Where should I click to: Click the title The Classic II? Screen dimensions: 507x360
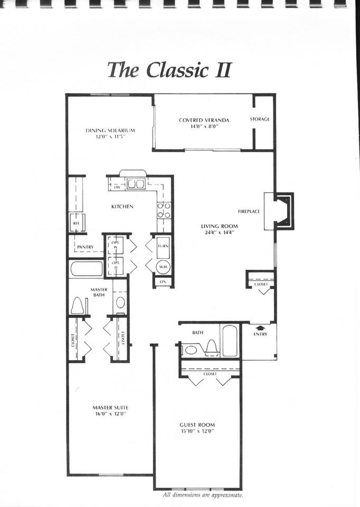(x=169, y=70)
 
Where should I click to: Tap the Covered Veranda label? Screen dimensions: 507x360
(x=204, y=120)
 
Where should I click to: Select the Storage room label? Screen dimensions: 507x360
(x=260, y=119)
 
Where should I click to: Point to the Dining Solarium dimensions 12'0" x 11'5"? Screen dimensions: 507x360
(x=110, y=136)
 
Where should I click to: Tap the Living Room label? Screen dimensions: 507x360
(x=220, y=226)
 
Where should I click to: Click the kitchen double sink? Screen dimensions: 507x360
(x=134, y=184)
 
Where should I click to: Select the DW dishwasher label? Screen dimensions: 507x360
(x=117, y=187)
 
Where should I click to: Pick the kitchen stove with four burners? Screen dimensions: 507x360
(x=164, y=210)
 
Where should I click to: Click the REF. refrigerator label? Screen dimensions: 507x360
(x=75, y=224)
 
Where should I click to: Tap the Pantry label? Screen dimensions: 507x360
(x=85, y=247)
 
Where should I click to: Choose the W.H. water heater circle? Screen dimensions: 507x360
(x=163, y=267)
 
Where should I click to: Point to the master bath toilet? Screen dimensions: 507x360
(x=78, y=305)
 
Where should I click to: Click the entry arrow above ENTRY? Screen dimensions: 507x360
(x=260, y=328)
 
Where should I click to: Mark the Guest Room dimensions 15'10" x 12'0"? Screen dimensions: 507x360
(x=197, y=431)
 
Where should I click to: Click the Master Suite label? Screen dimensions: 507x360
(x=110, y=407)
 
